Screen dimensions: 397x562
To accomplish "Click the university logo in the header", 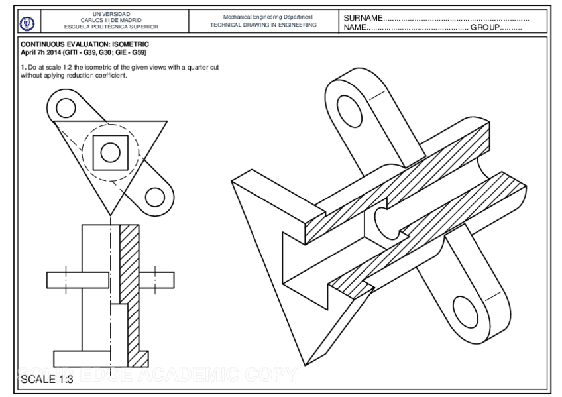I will [27, 22].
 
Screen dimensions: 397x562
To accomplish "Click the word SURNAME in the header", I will [363, 17].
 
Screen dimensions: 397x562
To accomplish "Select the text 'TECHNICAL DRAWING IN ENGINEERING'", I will [263, 25].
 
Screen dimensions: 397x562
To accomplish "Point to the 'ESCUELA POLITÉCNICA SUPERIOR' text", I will [111, 27].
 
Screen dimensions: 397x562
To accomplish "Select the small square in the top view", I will [110, 152].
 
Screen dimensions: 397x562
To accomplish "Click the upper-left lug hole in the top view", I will [66, 107].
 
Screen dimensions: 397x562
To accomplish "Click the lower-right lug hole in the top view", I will [154, 197].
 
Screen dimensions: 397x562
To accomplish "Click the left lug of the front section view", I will [64, 280].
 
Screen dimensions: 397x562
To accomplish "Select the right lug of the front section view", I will [157, 280].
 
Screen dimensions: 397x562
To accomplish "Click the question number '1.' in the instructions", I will [23, 68].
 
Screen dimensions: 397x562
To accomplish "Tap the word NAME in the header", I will [355, 28].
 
